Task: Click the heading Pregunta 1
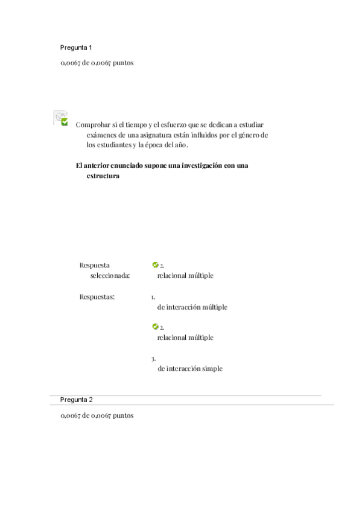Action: tap(76, 47)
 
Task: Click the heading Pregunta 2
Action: tap(76, 400)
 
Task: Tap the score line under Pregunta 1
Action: tap(97, 63)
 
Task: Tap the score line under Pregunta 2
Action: tap(97, 415)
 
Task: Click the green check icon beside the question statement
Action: tap(64, 122)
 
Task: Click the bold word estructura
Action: tap(103, 176)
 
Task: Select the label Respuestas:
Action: tap(97, 296)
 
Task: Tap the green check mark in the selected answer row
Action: tap(155, 264)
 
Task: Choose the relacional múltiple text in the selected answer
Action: tap(185, 275)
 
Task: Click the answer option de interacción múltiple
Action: tap(192, 307)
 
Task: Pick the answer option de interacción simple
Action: tap(189, 368)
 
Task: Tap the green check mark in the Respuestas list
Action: tap(155, 327)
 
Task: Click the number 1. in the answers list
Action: tap(153, 296)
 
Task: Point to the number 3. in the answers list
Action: tap(153, 359)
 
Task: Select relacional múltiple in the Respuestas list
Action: tap(185, 338)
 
